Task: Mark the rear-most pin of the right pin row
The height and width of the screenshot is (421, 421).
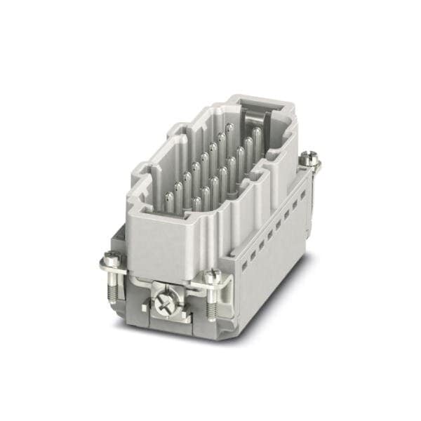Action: click(257, 137)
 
